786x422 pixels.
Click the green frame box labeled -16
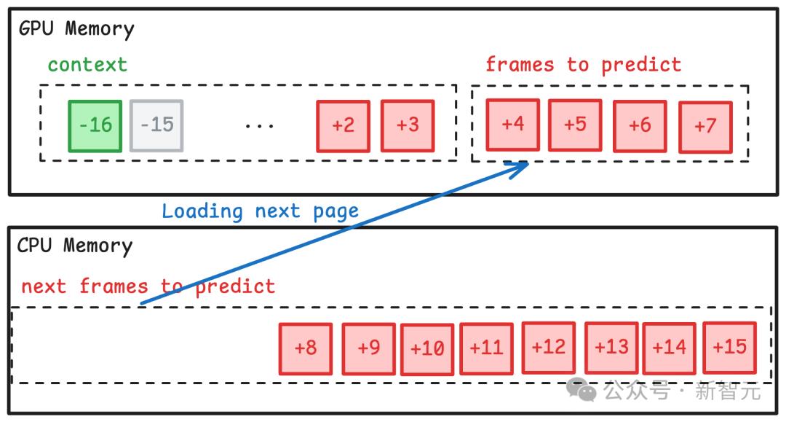coord(95,126)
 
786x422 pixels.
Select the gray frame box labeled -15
coord(156,126)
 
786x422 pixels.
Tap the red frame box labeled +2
coord(343,126)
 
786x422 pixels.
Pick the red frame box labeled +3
coord(408,126)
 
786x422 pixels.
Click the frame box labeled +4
coord(513,125)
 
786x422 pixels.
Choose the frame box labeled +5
coord(575,125)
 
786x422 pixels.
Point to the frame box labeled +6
coord(640,126)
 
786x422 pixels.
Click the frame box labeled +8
coord(306,348)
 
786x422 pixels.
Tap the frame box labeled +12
coord(548,348)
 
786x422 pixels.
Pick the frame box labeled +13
coord(611,348)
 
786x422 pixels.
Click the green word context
coord(87,64)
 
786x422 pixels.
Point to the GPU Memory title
coord(76,29)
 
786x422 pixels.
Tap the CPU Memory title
coord(74,246)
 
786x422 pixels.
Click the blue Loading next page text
coord(260,211)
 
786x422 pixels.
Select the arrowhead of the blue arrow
coord(523,168)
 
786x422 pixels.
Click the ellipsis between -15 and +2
coord(259,126)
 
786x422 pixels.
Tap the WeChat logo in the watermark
coord(582,391)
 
